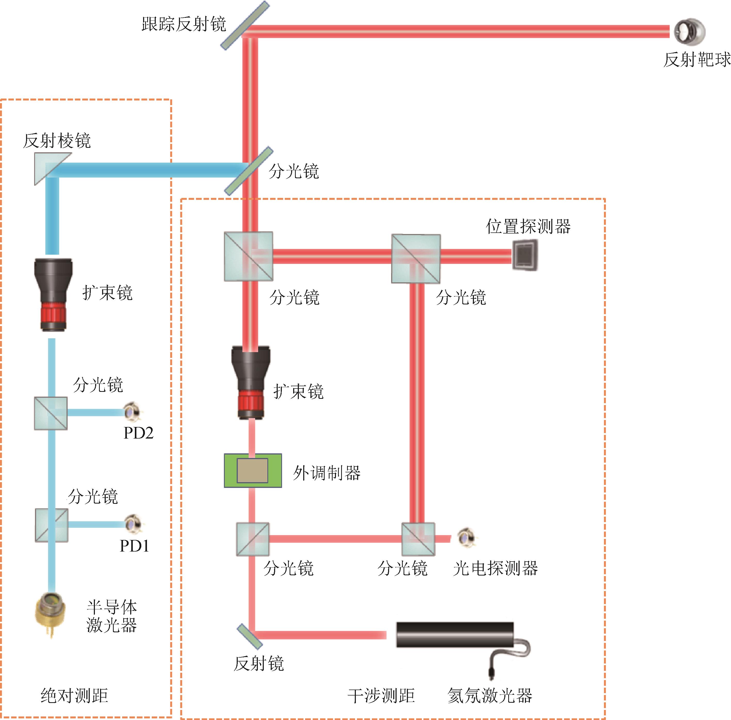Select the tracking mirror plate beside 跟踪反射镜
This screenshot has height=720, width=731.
[245, 25]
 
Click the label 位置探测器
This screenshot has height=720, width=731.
[528, 226]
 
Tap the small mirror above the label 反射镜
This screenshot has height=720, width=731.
[249, 636]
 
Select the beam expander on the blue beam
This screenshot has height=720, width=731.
[53, 295]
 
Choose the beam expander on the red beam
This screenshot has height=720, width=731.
[251, 382]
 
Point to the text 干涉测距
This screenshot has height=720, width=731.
[381, 695]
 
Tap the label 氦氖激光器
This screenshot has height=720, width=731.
[490, 695]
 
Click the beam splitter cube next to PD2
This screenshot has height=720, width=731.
[51, 413]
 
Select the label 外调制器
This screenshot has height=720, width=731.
[327, 473]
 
